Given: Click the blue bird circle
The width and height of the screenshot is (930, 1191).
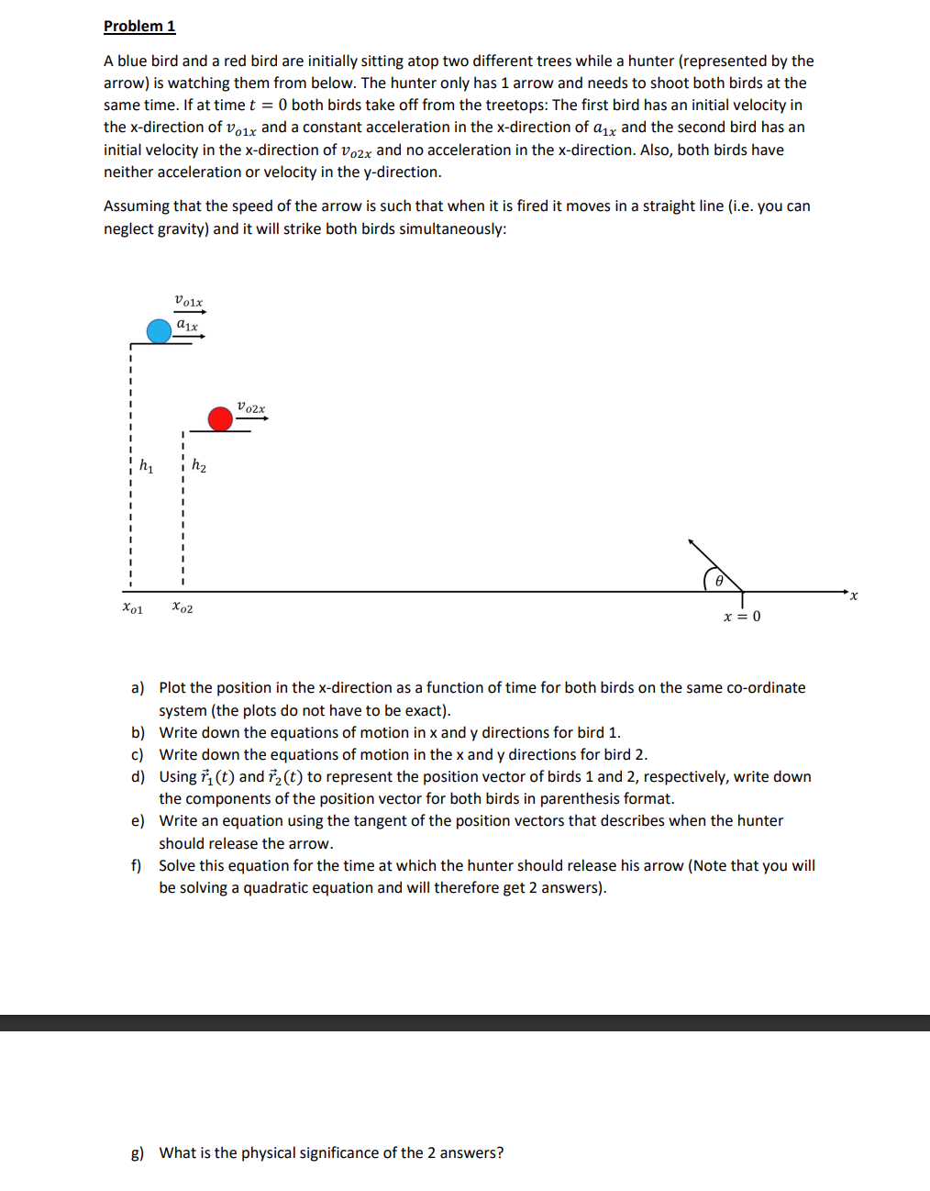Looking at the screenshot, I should pos(160,331).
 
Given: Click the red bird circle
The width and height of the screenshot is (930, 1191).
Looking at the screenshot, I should pos(220,419).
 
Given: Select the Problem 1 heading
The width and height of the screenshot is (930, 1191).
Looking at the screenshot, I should pos(139,26).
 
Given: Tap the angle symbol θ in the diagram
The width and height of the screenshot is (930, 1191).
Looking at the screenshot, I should pos(719,580).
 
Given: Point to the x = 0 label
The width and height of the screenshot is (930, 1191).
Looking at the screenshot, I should pos(742,616).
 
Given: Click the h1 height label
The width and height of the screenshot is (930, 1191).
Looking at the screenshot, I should pos(147,466).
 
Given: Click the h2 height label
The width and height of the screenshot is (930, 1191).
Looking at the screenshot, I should pos(199,466).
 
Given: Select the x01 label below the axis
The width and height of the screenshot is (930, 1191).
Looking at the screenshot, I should pos(133,607).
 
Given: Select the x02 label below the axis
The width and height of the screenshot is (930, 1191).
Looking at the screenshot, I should pos(183,607).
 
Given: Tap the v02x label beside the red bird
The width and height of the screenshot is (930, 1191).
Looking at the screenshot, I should pos(251,406).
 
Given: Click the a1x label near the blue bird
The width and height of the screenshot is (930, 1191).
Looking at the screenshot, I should pos(187,325).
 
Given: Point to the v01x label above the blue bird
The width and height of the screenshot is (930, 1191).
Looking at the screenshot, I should pos(189,301).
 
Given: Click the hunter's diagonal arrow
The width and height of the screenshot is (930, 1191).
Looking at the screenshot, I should pos(715,565).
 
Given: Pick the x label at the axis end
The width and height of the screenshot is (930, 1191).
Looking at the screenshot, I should pos(854,595).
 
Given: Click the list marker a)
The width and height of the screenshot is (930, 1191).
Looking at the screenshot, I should pos(138,687).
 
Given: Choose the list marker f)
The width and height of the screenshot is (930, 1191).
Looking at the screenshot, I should pos(137,865).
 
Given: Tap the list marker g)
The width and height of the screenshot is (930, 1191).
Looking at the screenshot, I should pos(138,1152).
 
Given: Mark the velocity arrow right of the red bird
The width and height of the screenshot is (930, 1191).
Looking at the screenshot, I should pos(252,418).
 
